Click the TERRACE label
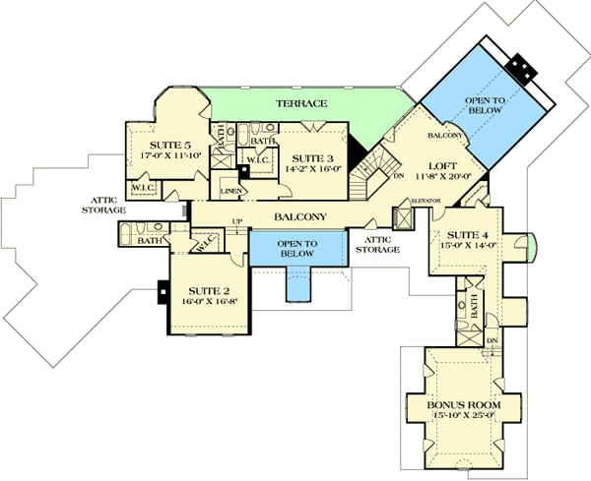(301, 103)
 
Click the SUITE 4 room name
(462, 235)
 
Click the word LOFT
(440, 166)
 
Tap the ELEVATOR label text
(426, 201)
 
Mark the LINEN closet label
(231, 190)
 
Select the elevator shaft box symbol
(401, 217)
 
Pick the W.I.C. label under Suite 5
(140, 187)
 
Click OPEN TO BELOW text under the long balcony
(297, 248)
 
